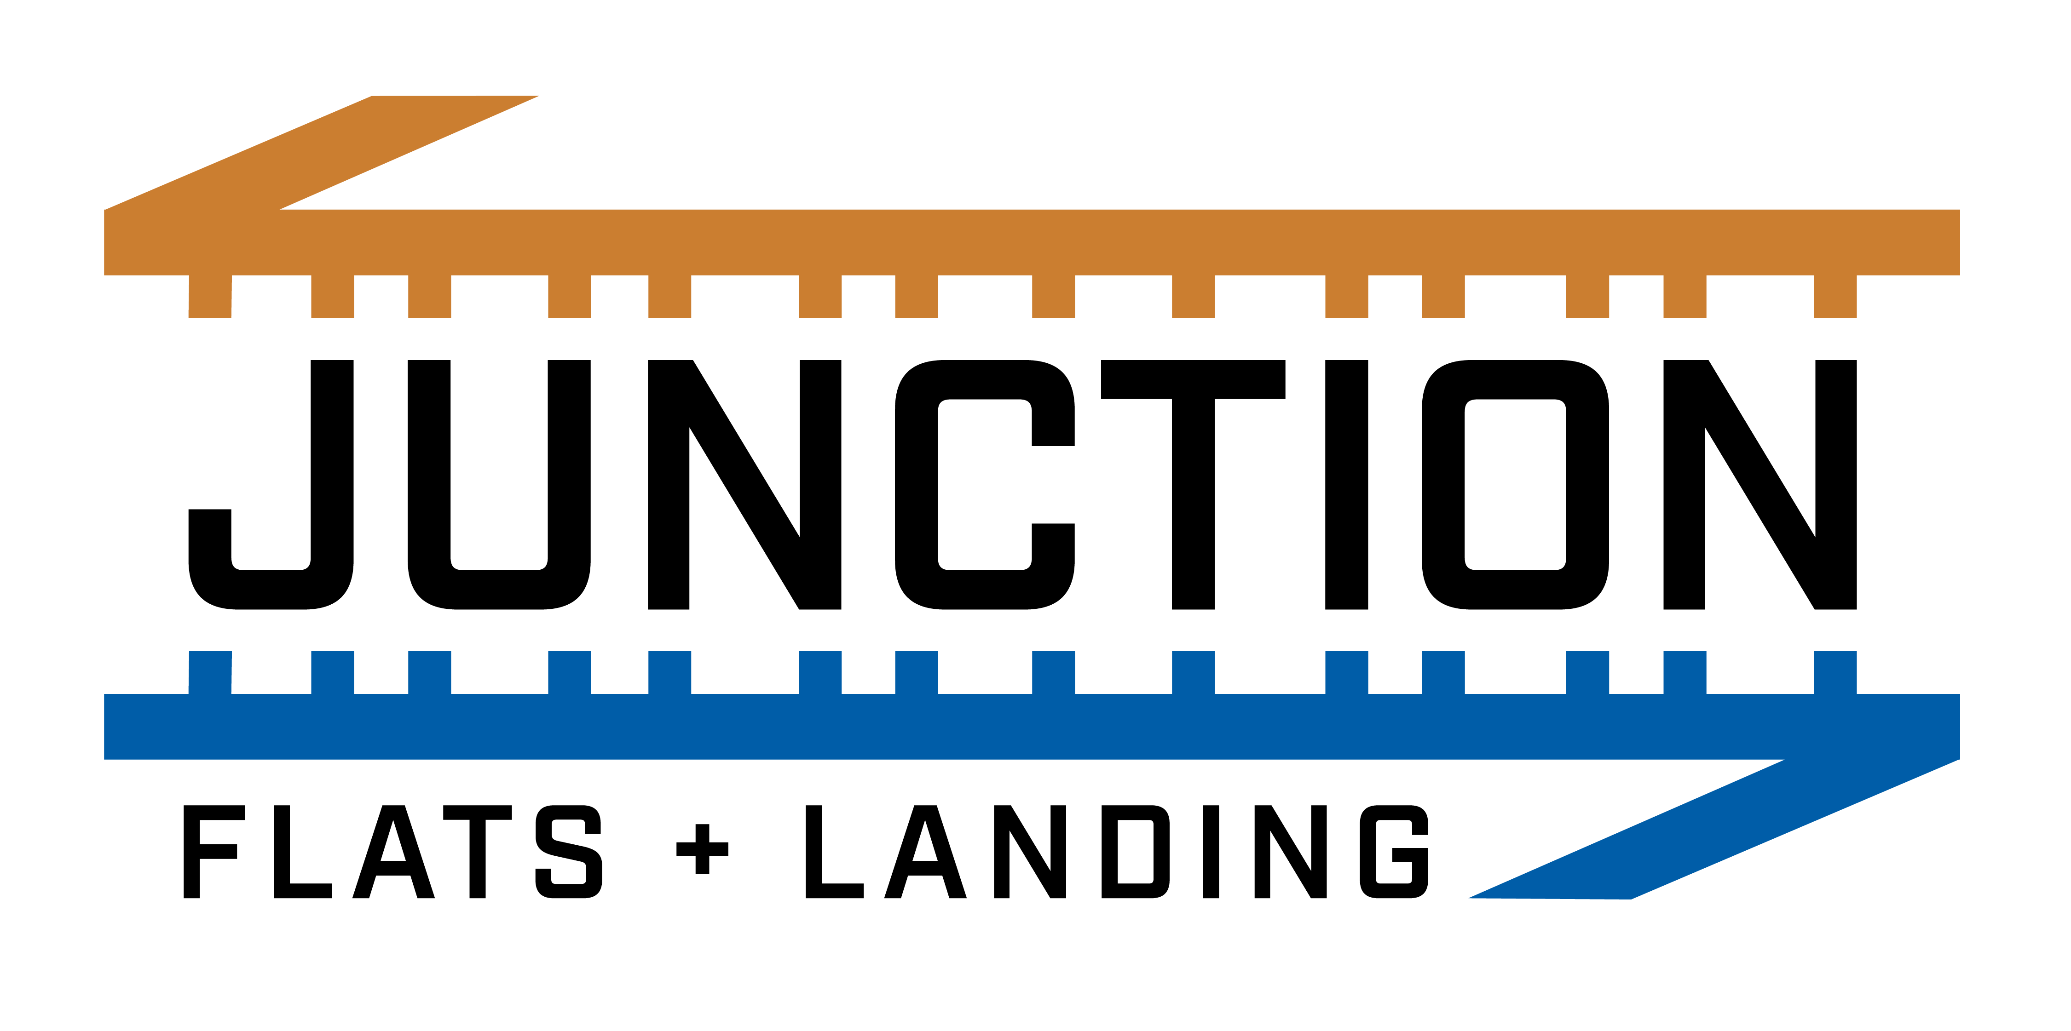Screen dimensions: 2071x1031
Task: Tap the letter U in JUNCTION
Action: [x=499, y=587]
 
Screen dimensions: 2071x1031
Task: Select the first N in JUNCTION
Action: [x=744, y=485]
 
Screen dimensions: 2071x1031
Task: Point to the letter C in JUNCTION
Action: [x=917, y=485]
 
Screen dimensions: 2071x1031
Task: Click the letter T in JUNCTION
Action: [x=1193, y=485]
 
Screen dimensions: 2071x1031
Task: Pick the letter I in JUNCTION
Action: [x=1347, y=485]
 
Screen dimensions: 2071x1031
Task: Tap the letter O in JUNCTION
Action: [x=1443, y=485]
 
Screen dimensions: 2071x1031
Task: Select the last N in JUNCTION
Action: [x=1760, y=485]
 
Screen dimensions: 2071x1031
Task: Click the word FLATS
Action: [x=392, y=852]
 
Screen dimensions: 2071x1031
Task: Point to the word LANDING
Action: [x=1117, y=852]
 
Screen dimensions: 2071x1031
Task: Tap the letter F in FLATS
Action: [x=191, y=852]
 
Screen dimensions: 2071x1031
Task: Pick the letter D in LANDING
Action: [x=1109, y=852]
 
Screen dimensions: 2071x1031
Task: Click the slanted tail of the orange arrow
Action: [x=322, y=153]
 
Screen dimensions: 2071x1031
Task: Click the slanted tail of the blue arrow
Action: [x=1713, y=829]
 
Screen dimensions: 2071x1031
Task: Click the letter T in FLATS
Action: [x=478, y=852]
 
